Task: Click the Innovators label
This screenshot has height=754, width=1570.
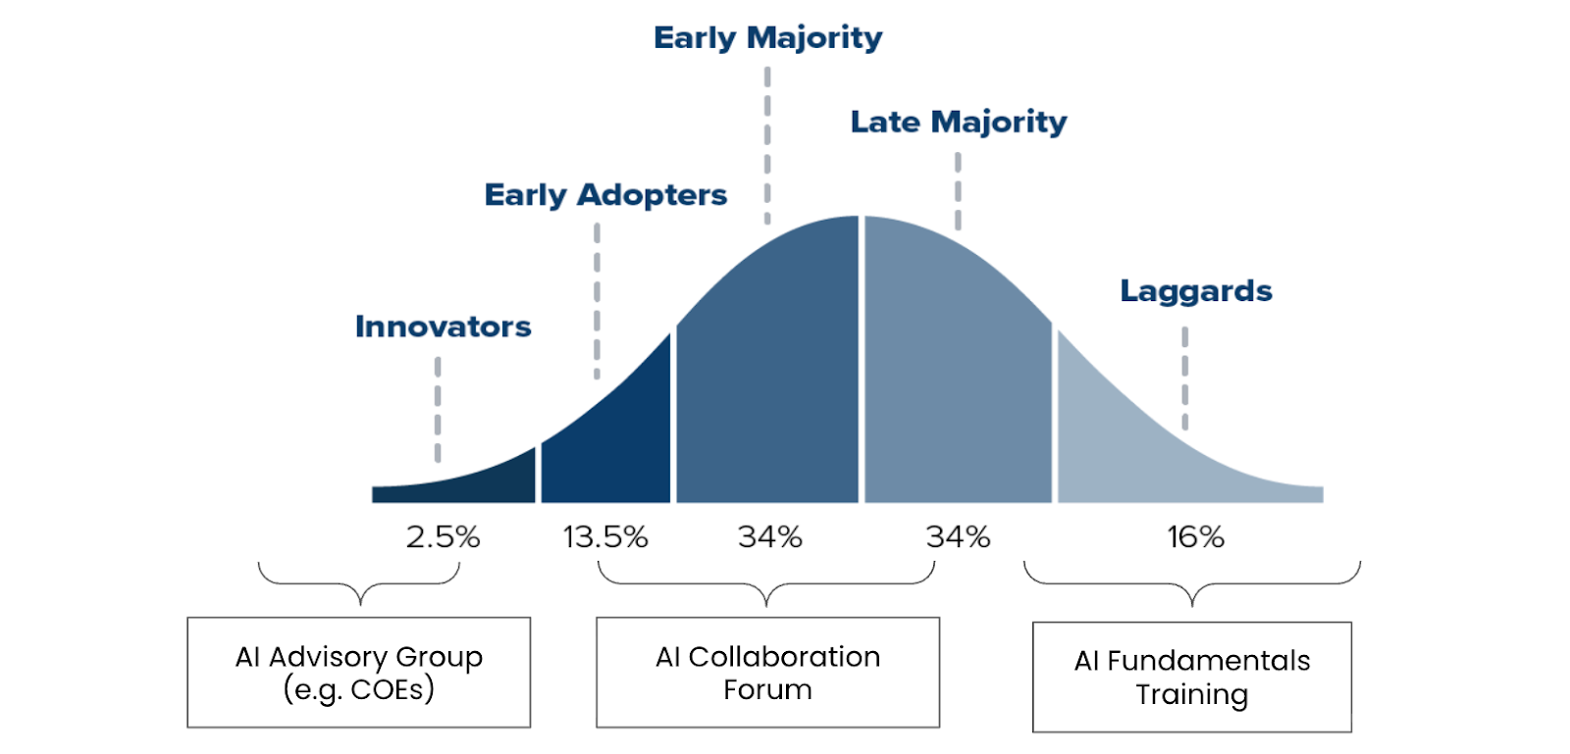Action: click(x=443, y=327)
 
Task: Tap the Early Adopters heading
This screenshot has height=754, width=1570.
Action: click(x=605, y=195)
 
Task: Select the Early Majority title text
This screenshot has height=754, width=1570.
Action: click(x=767, y=38)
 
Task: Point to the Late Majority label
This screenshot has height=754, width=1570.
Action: click(x=958, y=122)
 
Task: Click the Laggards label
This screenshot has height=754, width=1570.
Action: click(x=1195, y=291)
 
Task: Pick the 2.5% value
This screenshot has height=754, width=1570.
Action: click(x=443, y=537)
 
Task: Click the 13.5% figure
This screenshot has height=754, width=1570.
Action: click(x=604, y=537)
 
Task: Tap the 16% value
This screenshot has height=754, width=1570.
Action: click(x=1195, y=537)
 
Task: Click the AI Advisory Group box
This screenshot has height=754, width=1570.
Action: click(x=359, y=673)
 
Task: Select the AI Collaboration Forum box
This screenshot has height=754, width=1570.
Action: click(x=767, y=673)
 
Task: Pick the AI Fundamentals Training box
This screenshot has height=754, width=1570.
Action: click(x=1191, y=677)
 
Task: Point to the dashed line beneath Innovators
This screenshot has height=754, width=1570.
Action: click(x=438, y=409)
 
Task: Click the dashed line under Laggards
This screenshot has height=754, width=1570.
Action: click(x=1184, y=378)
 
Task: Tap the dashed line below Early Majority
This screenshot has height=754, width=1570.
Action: click(x=767, y=145)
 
